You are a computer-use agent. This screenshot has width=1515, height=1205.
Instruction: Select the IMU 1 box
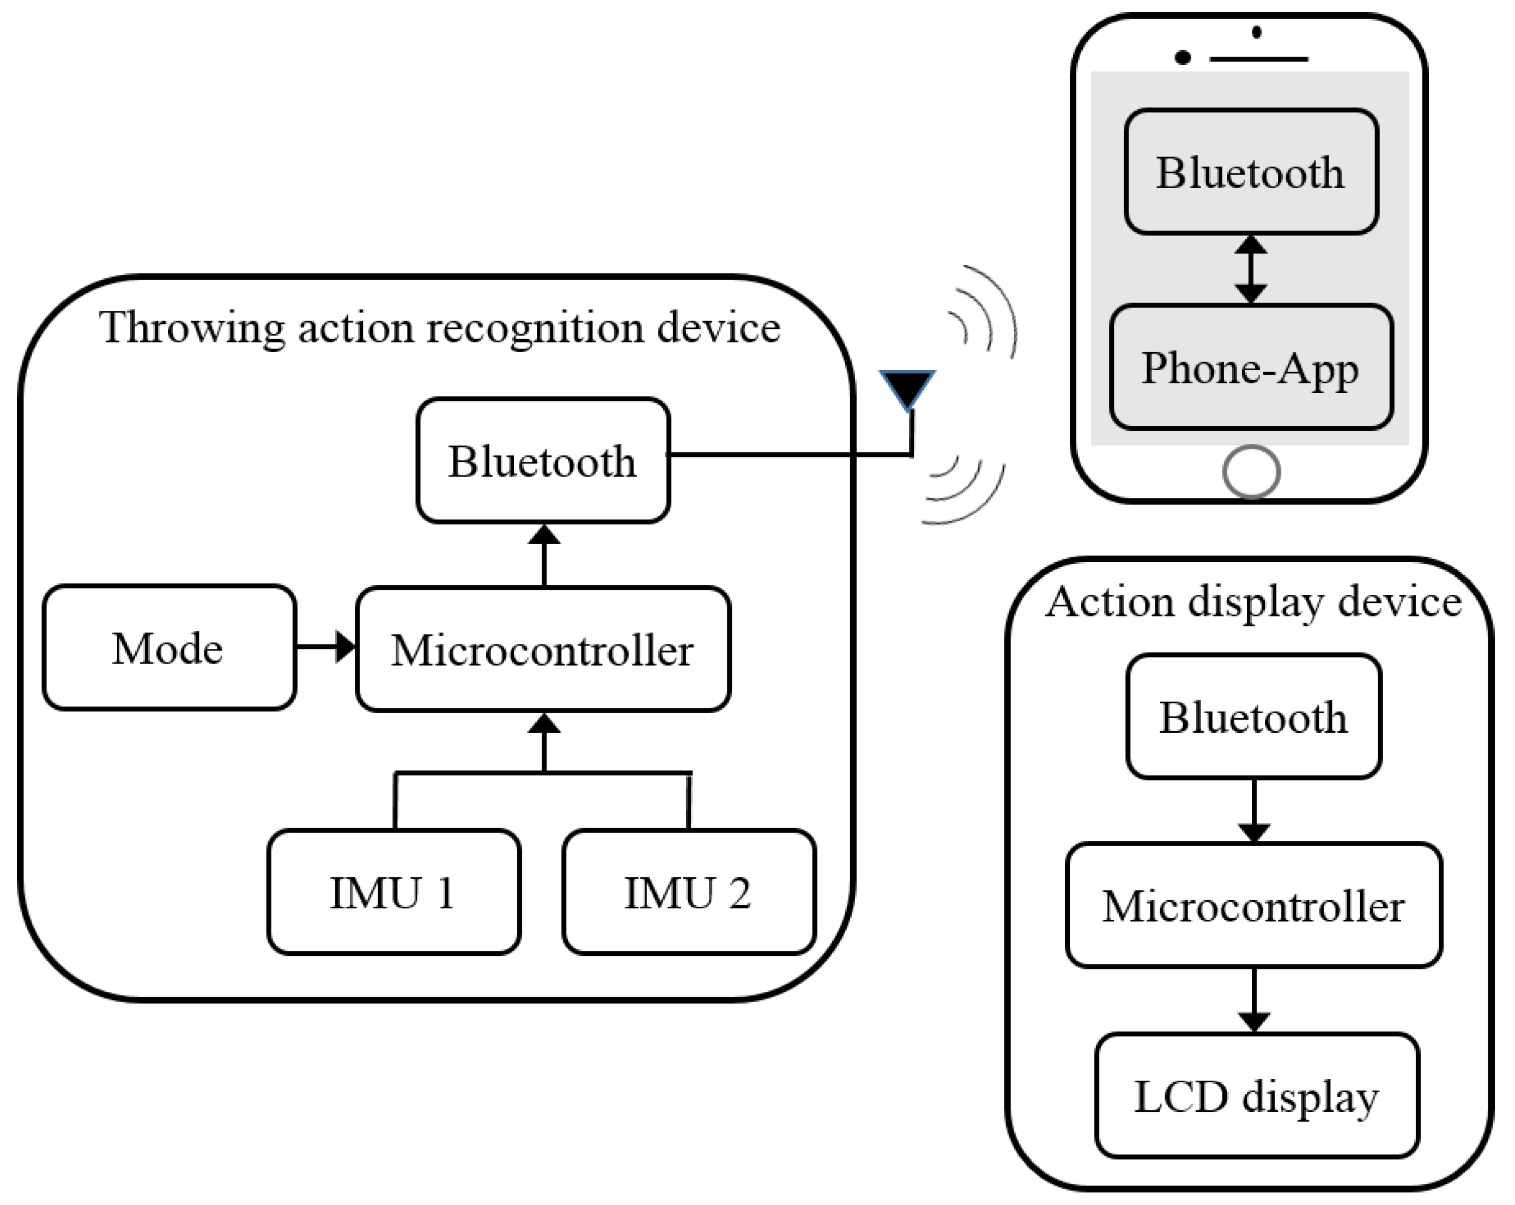[393, 892]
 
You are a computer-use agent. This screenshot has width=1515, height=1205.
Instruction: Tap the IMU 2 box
[689, 892]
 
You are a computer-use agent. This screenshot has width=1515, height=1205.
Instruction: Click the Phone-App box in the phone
[1251, 367]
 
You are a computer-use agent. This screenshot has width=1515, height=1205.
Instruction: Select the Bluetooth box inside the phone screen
[1251, 172]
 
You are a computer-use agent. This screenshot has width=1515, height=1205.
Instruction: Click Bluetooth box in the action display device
[1253, 716]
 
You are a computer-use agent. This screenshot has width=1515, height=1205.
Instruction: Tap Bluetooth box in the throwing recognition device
[542, 461]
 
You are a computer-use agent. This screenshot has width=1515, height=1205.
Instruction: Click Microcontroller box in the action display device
[1253, 906]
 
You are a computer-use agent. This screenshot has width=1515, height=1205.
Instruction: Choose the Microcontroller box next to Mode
[542, 649]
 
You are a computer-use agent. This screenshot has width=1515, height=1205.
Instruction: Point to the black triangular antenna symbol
[907, 387]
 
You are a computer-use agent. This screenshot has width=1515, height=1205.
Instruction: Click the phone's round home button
[1251, 472]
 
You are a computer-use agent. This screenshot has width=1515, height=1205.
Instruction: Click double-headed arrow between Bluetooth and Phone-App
[1251, 269]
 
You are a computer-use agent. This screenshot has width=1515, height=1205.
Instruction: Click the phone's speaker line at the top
[1258, 59]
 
